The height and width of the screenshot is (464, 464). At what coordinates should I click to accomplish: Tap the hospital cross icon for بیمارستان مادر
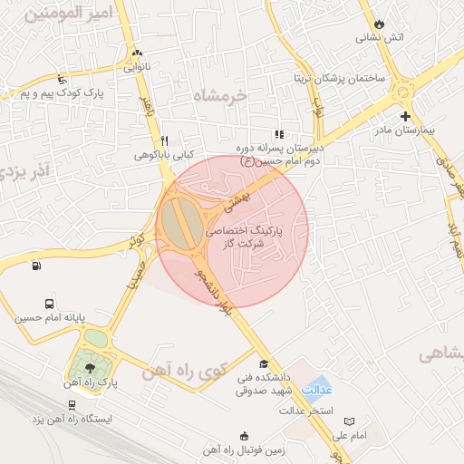[x=406, y=116]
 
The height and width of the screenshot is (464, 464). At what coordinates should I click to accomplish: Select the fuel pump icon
[x=36, y=266]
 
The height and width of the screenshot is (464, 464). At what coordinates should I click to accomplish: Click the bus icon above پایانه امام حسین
[x=49, y=304]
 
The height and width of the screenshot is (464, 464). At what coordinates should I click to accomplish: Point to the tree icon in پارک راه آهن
[x=89, y=367]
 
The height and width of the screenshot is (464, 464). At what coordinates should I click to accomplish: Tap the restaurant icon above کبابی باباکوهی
[x=164, y=140]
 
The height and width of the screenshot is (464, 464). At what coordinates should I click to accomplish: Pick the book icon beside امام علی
[x=351, y=421]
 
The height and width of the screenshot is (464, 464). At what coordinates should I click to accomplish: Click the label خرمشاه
[x=219, y=94]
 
